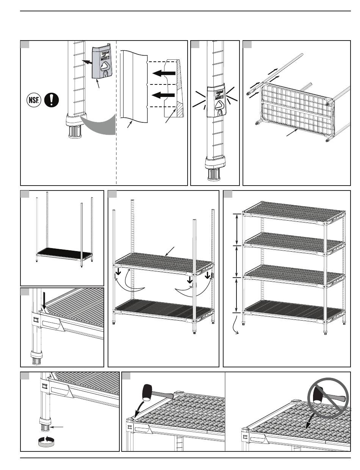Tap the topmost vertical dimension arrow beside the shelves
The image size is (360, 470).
[238, 229]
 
